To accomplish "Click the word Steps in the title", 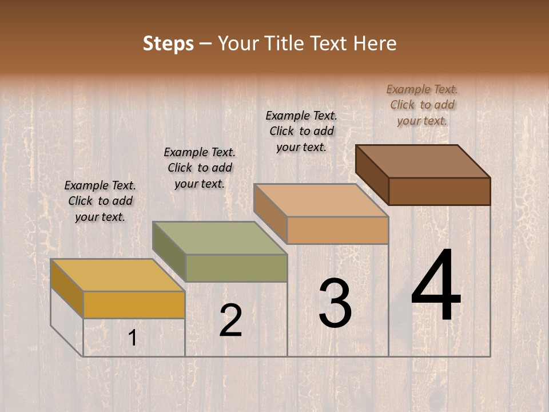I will point(168,43).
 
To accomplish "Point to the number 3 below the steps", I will point(335,303).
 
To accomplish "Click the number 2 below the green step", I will point(230,320).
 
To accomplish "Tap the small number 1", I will point(132,338).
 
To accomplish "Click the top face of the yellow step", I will point(117,275).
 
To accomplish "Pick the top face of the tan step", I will point(321,200).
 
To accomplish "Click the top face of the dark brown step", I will point(423,161).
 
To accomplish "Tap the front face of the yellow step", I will point(134,304).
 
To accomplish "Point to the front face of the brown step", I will point(439,191).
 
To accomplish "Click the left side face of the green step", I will point(169,252).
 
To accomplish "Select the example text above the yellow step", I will point(100,201).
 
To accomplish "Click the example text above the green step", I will point(200,168).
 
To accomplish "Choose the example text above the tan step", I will point(301,131).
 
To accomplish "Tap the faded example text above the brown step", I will point(422,105).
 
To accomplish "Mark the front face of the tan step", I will point(337,230).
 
